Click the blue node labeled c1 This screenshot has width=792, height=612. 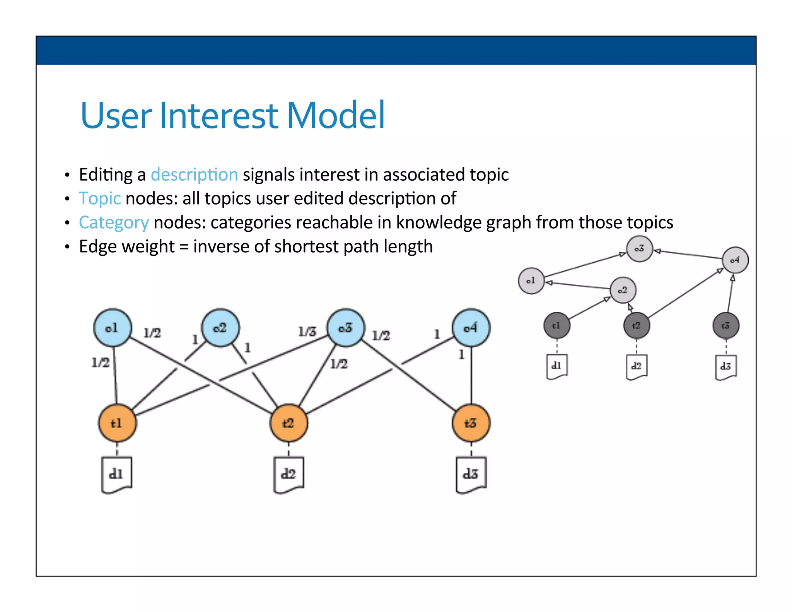113,328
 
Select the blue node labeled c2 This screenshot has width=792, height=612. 220,328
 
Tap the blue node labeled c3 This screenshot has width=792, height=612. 346,328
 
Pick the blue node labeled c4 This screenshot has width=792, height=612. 471,328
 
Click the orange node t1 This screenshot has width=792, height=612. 117,423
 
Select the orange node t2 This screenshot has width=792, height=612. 288,423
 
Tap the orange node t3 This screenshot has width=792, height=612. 471,423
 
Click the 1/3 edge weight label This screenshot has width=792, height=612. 307,332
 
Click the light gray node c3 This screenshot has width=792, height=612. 639,249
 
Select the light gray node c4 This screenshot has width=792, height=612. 735,260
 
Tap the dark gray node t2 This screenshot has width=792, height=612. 637,326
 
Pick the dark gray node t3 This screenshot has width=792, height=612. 726,326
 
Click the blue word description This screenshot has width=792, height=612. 194,175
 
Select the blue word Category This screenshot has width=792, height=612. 114,223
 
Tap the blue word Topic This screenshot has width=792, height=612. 100,199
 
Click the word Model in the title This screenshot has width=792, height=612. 335,115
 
